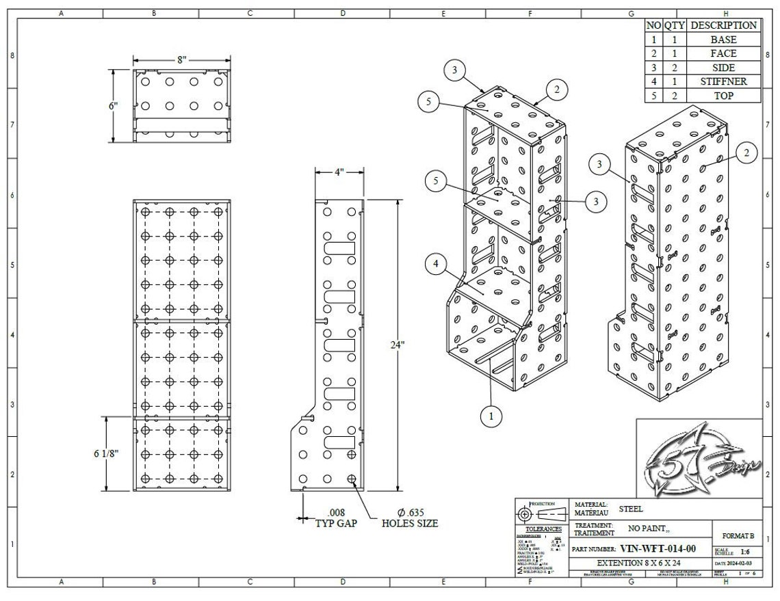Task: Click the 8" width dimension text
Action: pyautogui.click(x=181, y=59)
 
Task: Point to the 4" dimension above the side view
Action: pyautogui.click(x=339, y=172)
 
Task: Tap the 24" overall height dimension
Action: pyautogui.click(x=398, y=345)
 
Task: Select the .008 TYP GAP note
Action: pyautogui.click(x=336, y=518)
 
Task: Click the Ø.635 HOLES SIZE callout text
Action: pyautogui.click(x=409, y=518)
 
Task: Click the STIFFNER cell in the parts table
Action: pyautogui.click(x=724, y=81)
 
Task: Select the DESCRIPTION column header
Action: pyautogui.click(x=724, y=25)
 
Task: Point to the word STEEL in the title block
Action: pyautogui.click(x=630, y=509)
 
